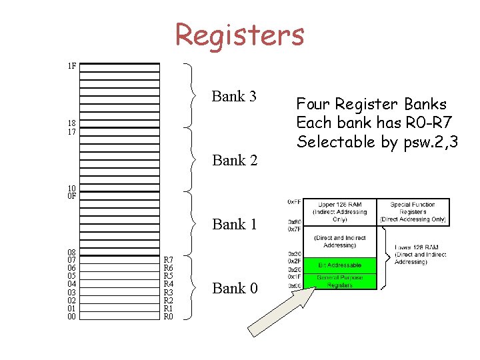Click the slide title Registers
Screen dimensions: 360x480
[239, 34]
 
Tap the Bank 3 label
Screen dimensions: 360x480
[234, 97]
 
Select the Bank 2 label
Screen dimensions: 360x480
[234, 160]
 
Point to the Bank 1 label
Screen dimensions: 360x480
[234, 224]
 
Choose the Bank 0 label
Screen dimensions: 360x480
[234, 288]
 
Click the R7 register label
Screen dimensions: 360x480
[169, 260]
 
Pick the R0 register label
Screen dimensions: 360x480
[169, 317]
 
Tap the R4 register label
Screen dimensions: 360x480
[169, 284]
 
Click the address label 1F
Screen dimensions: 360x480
[71, 66]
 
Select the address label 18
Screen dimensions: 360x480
[71, 123]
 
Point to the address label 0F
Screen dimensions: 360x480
[71, 196]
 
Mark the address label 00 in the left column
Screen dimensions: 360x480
[71, 317]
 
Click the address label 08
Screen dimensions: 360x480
[71, 252]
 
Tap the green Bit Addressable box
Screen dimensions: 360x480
[339, 265]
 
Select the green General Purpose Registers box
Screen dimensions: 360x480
[339, 281]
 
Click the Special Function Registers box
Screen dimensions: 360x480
[413, 211]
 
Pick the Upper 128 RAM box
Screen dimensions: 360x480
[339, 211]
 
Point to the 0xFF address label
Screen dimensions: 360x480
[293, 201]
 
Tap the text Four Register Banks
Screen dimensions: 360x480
[371, 105]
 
